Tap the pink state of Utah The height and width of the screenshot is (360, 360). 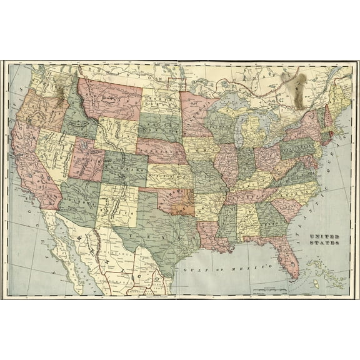[x=87, y=160]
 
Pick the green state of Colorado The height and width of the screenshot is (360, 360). [x=124, y=168]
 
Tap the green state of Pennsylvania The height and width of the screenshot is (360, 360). [x=294, y=148]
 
